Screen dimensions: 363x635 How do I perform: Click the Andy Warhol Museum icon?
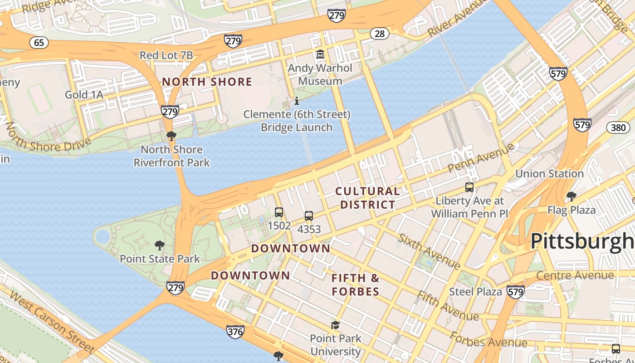(x=320, y=55)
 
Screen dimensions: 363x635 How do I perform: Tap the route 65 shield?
(x=39, y=43)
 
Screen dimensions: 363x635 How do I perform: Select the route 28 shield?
(x=379, y=33)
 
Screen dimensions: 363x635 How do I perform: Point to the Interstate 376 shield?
(x=235, y=332)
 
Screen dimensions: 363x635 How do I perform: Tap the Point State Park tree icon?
(x=159, y=245)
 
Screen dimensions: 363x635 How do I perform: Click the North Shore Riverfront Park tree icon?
(x=171, y=136)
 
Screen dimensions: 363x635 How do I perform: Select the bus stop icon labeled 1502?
(x=279, y=212)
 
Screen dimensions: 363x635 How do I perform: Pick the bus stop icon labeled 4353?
(x=309, y=216)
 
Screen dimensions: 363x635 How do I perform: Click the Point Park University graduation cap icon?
(x=335, y=325)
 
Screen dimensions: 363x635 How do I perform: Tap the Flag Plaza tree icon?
(x=571, y=196)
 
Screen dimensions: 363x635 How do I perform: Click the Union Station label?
(x=549, y=174)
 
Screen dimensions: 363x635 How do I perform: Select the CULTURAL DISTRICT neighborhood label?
(x=368, y=198)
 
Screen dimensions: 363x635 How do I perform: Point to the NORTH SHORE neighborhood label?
(x=207, y=82)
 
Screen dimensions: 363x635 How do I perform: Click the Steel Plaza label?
(x=475, y=292)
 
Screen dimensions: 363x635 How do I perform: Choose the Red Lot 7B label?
(x=166, y=55)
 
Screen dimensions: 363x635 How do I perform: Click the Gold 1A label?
(x=84, y=95)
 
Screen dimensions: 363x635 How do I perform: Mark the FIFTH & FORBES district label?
(x=355, y=285)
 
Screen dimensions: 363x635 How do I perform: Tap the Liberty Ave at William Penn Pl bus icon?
(x=469, y=187)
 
